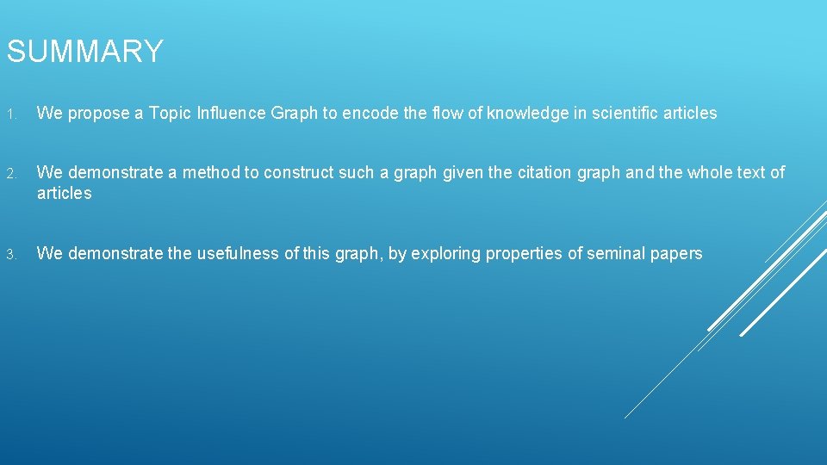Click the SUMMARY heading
point(84,53)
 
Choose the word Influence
point(230,113)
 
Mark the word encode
point(368,113)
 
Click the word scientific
point(625,113)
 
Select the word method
point(211,172)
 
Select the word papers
point(678,254)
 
